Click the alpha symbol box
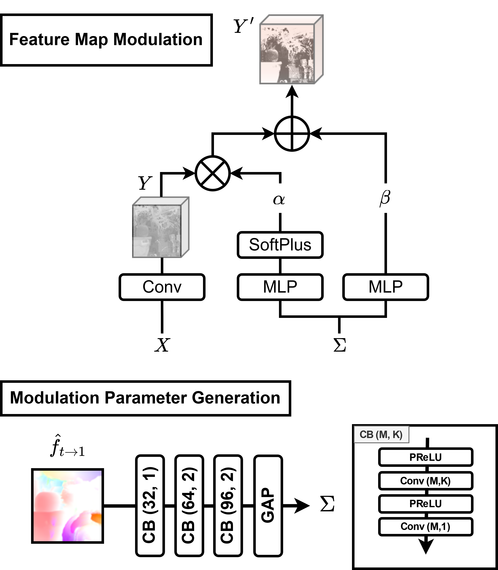(280, 198)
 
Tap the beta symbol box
(386, 198)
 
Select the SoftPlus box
(280, 245)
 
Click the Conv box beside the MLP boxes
(162, 287)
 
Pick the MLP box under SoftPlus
(280, 287)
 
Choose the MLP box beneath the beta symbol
(386, 287)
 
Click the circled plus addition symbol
(292, 134)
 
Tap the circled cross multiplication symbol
(212, 173)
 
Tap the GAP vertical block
(268, 505)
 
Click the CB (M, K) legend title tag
(381, 434)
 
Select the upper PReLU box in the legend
(425, 457)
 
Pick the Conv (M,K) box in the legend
(425, 481)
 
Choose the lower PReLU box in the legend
(425, 504)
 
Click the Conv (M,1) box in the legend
(425, 526)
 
